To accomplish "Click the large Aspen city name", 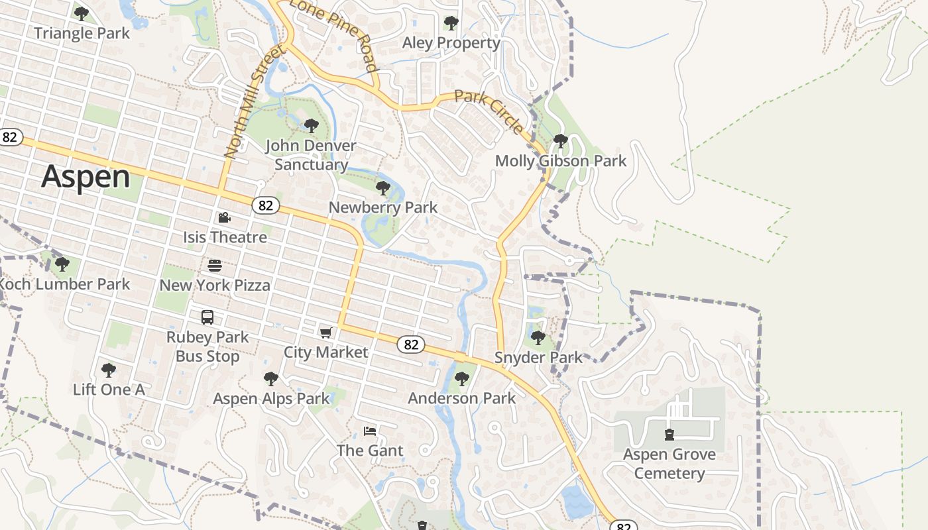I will point(86,178).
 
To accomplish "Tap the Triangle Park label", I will point(82,33).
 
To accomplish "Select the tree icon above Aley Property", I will point(451,23).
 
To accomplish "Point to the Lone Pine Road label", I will point(335,35).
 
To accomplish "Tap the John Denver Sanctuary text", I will point(311,155).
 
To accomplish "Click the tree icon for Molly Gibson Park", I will point(560,140).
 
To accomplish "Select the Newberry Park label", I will point(383,207).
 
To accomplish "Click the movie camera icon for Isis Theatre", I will point(224,217).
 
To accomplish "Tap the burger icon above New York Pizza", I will point(215,266).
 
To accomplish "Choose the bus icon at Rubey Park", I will point(207,317).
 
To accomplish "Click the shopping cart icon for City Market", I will point(325,333).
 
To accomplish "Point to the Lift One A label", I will point(109,390).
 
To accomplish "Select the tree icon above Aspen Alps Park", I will point(270,379).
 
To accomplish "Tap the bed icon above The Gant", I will point(370,431).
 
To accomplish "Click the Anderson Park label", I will point(461,398).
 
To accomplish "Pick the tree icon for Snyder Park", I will point(538,338).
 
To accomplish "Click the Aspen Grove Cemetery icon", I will point(669,435).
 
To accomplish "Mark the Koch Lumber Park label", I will point(65,284).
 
